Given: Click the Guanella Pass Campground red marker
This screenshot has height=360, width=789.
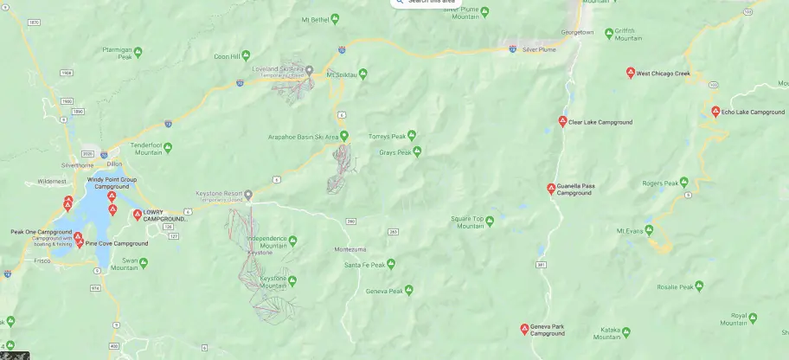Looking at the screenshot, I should [x=551, y=189].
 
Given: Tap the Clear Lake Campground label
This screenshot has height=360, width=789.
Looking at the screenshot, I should [x=600, y=122].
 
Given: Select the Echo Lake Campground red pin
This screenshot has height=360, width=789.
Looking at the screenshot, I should [x=715, y=112].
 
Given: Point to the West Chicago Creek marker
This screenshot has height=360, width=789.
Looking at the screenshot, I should [x=631, y=73].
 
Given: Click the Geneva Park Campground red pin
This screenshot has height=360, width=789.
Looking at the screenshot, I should [x=524, y=328].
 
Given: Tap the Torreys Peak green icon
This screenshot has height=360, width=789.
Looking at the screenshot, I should [x=412, y=135].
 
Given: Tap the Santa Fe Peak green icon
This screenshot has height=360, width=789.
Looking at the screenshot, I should [x=389, y=264].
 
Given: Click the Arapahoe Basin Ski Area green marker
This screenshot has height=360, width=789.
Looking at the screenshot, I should [x=344, y=136].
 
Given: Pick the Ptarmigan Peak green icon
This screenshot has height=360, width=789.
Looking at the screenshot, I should [x=138, y=53].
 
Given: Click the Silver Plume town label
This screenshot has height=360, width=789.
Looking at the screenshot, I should [x=541, y=50].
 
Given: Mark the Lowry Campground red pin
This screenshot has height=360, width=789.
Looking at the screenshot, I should [x=137, y=215].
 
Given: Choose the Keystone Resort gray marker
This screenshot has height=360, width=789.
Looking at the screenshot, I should [x=248, y=194].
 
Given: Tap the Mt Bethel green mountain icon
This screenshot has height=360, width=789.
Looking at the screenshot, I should [x=340, y=19].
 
